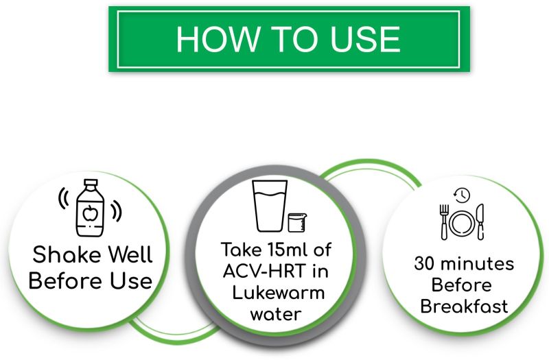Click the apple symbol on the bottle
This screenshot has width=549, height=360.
point(90,213)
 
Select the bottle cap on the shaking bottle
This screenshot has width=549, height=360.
point(91,183)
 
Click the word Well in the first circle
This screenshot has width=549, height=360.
point(130,254)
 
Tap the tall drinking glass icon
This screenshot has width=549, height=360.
point(270,206)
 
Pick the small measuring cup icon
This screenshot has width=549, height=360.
point(297,222)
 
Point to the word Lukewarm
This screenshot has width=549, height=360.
point(279,293)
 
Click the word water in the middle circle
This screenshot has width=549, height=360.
point(276,314)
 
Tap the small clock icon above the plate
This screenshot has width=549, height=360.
point(462,195)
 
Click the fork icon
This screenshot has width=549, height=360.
point(444,222)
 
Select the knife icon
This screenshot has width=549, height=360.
point(480,221)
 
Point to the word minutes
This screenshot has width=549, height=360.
point(477,263)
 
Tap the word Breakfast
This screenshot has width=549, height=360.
point(464,306)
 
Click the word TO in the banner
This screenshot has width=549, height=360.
point(294,39)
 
